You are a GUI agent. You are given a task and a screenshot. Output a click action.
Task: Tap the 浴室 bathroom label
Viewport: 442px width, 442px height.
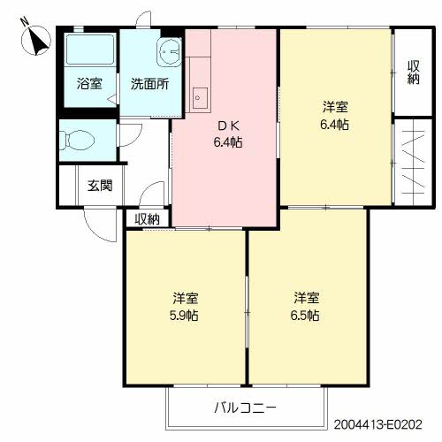click(x=89, y=85)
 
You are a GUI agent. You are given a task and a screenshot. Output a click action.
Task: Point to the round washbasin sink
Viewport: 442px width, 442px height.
click(x=167, y=52)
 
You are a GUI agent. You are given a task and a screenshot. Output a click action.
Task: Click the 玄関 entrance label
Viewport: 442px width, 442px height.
click(x=100, y=187)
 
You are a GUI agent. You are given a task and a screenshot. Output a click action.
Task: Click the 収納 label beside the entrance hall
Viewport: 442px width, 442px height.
click(x=147, y=218)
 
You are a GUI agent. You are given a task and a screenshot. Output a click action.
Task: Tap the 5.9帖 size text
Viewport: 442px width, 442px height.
click(x=185, y=315)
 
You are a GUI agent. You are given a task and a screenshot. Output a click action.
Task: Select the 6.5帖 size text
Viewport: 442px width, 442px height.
click(x=306, y=315)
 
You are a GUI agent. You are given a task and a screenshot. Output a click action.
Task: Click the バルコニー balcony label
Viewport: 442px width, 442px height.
click(x=245, y=408)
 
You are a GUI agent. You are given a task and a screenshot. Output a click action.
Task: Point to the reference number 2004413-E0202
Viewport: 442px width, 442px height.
click(x=385, y=425)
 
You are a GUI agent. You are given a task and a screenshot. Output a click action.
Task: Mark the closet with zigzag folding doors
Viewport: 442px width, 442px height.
click(x=413, y=160)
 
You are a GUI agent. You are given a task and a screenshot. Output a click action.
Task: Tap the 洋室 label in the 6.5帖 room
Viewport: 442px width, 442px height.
click(x=307, y=297)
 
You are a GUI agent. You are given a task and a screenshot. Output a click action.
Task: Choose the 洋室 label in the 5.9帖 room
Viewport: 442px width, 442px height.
click(x=185, y=297)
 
